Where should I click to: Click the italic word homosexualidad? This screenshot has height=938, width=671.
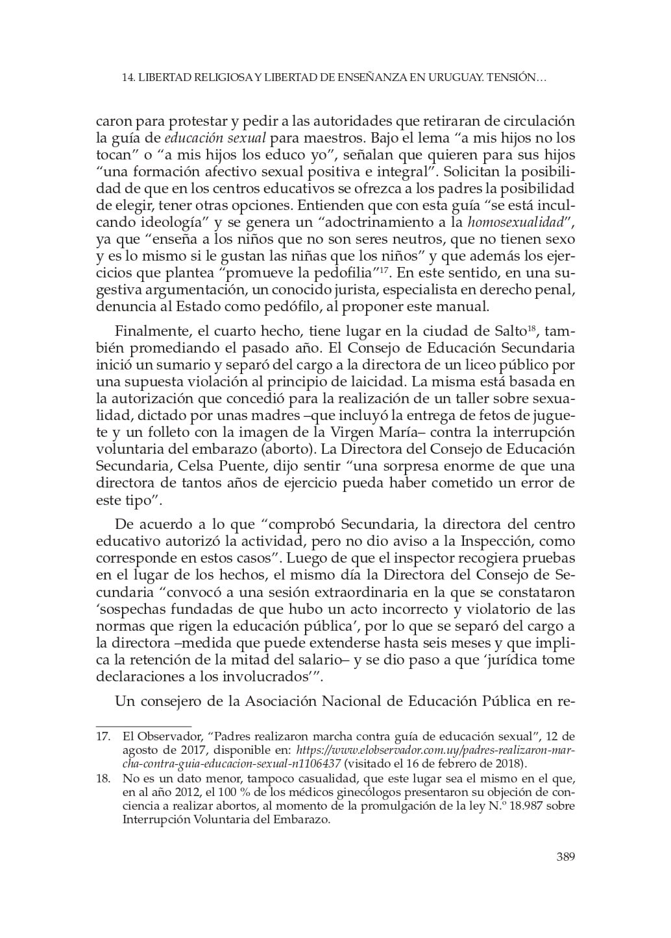pos(514,223)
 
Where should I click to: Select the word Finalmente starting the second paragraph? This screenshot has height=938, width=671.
pos(145,331)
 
